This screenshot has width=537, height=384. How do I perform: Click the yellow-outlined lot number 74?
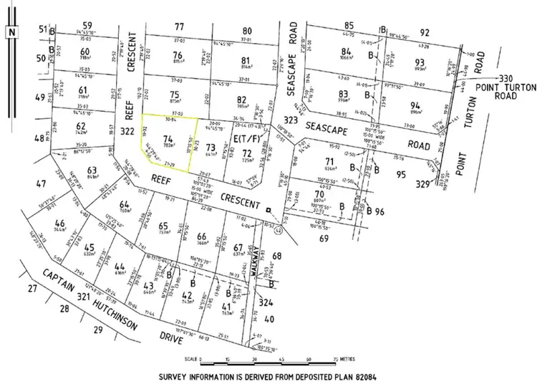pos(168,138)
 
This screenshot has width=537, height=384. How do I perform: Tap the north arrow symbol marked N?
pos(11,32)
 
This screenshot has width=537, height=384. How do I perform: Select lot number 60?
pos(85,52)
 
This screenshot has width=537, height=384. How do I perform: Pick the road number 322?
pos(128,131)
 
